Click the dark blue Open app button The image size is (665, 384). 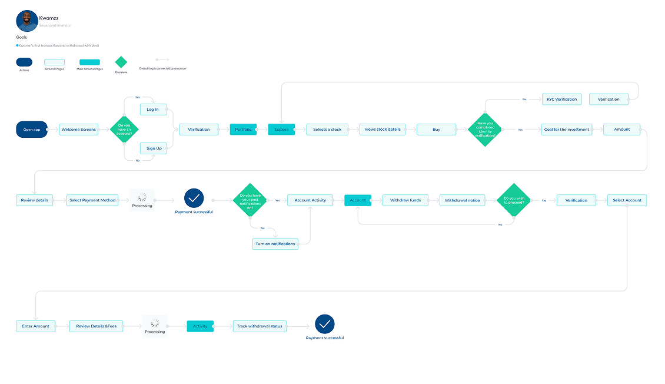(x=32, y=130)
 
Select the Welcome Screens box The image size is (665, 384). (x=78, y=130)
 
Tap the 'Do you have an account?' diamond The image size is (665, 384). (x=124, y=130)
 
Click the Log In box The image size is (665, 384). (x=153, y=110)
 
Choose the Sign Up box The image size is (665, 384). (x=154, y=148)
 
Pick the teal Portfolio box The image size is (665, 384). (x=243, y=130)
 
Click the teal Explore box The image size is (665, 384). (x=281, y=130)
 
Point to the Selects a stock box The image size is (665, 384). (x=327, y=130)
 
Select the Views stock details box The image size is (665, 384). (x=383, y=130)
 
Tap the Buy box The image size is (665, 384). (x=436, y=130)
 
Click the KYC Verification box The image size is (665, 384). (x=561, y=99)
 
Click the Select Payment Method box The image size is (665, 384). (x=92, y=200)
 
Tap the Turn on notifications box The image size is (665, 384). (x=275, y=244)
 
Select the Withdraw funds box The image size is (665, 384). (x=405, y=200)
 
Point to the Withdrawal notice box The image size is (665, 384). (x=462, y=200)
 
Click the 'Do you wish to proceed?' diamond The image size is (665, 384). (x=514, y=200)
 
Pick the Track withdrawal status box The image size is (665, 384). (x=259, y=326)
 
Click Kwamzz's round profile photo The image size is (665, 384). (x=26, y=21)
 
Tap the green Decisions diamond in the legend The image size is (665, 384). (x=121, y=62)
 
